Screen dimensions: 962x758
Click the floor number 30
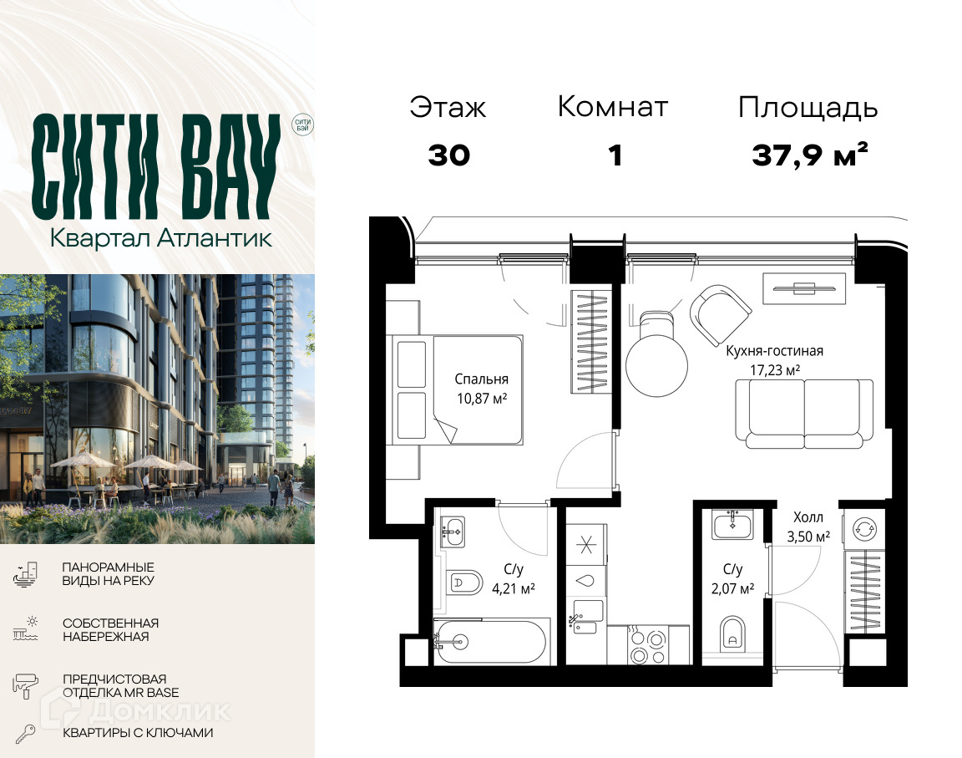click(449, 155)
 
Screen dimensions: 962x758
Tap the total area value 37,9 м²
click(810, 155)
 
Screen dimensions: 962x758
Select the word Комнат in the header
click(612, 107)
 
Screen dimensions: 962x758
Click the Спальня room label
click(481, 379)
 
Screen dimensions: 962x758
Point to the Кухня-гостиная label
click(774, 351)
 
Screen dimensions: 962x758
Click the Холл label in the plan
click(808, 516)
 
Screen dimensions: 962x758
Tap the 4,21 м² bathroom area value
click(514, 589)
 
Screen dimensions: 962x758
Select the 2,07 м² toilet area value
click(732, 589)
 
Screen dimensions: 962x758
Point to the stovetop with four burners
click(648, 646)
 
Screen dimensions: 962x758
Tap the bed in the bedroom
click(457, 389)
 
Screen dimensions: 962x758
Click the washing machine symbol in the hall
click(865, 528)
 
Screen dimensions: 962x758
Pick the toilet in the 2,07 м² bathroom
click(732, 634)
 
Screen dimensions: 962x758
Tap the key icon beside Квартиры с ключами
click(26, 734)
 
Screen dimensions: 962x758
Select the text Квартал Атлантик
click(160, 238)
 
